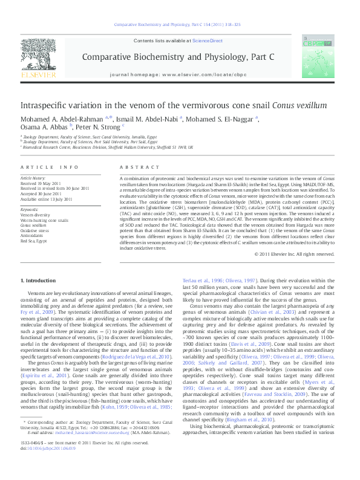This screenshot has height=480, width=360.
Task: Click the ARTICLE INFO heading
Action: [x=50, y=166]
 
